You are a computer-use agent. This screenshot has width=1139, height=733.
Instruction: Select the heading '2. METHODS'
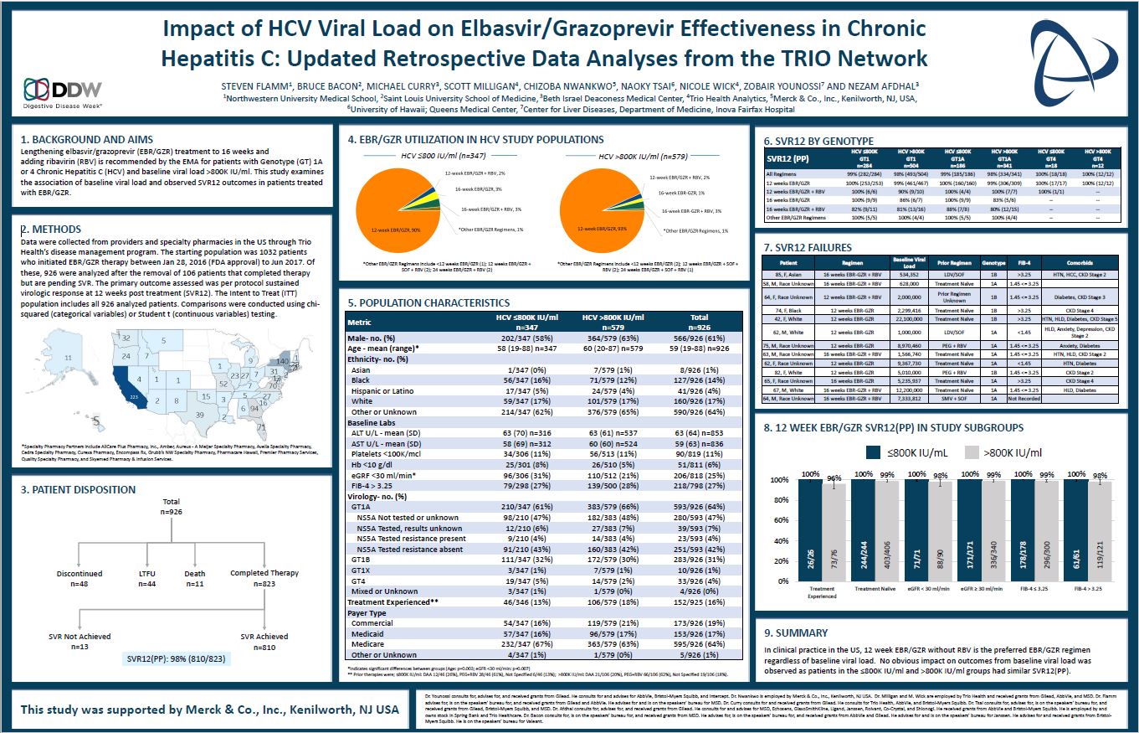point(50,229)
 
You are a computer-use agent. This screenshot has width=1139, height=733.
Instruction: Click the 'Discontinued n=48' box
point(80,578)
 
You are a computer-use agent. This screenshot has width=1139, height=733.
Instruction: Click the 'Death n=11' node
point(194,578)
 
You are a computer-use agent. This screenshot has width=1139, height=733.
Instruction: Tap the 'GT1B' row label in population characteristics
point(362,558)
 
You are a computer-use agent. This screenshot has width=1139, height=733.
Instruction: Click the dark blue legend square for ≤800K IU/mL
point(875,452)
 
